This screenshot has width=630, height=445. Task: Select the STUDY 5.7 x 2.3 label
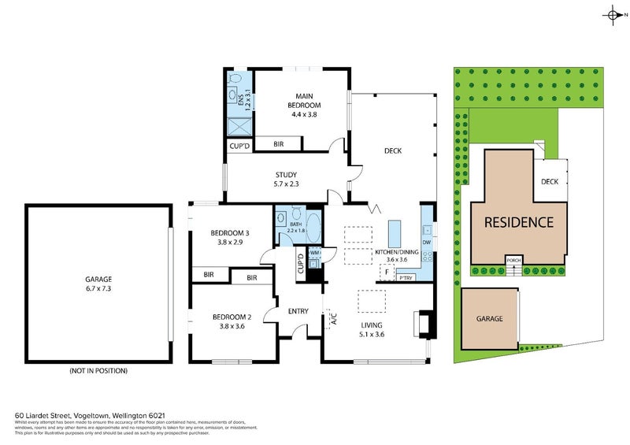coord(287,180)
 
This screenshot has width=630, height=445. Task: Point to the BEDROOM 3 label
coord(229,238)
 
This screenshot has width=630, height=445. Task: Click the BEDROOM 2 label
coord(229,321)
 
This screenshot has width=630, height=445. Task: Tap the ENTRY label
coord(298,311)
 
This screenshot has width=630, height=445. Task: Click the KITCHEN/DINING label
coord(401,254)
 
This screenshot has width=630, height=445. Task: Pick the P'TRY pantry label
coord(406,277)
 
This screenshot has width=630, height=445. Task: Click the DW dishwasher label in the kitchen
coord(426,243)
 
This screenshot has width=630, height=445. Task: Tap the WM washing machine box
coord(314,253)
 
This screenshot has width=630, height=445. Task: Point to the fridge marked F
coord(386,273)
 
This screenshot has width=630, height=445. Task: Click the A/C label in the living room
coord(333,320)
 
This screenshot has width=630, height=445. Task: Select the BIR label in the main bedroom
coord(279,144)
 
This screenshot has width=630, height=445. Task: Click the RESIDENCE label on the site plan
coord(518,222)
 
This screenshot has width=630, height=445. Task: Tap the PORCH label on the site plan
coord(513,260)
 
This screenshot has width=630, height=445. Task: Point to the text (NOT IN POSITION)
coord(98,370)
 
